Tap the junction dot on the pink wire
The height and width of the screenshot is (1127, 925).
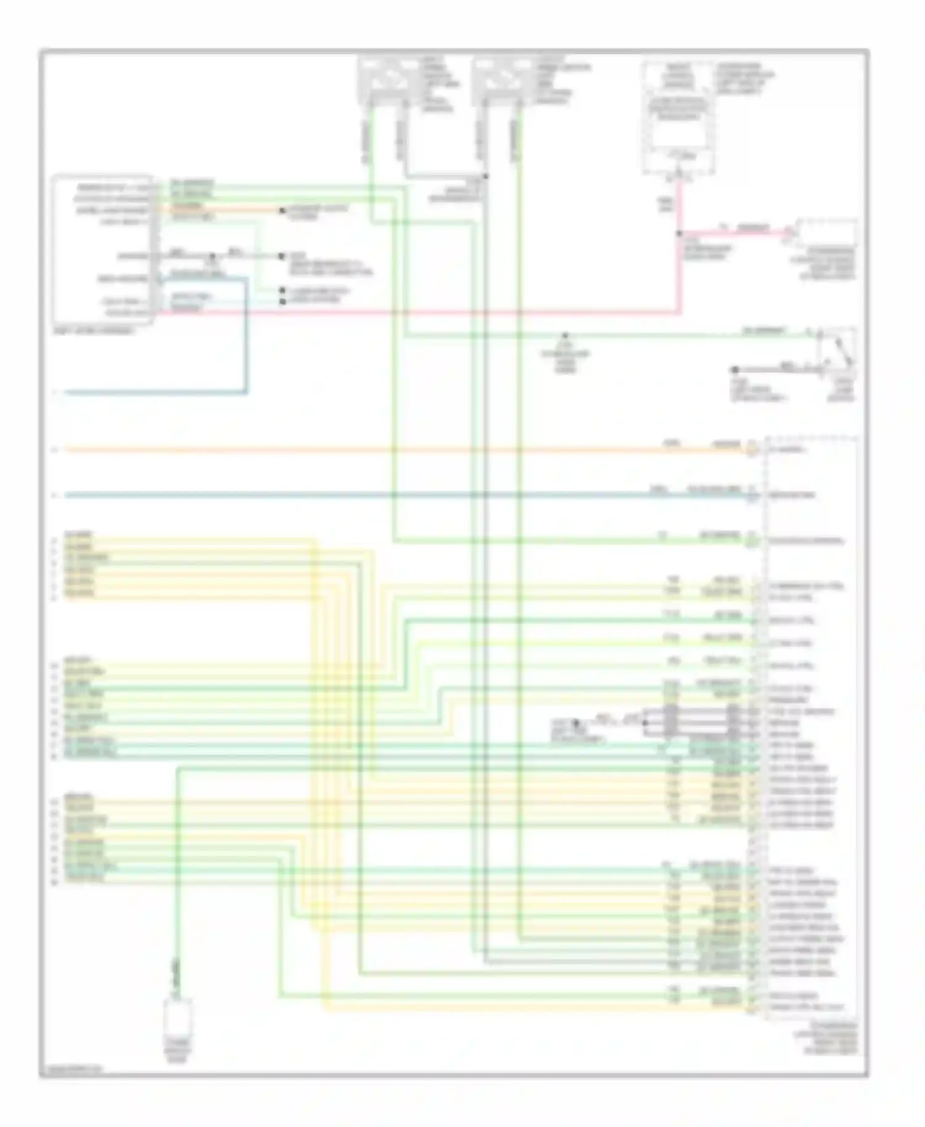tap(679, 234)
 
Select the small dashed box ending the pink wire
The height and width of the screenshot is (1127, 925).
tap(826, 232)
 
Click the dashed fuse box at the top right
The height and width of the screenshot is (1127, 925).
tap(678, 117)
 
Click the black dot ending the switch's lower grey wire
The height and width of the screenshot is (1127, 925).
tap(734, 370)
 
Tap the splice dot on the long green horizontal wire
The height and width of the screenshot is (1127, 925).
tap(564, 336)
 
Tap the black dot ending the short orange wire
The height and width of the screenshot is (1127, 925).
tap(282, 211)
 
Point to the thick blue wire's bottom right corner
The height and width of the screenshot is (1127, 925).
tap(247, 391)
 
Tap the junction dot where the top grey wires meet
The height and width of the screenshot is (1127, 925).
tap(485, 176)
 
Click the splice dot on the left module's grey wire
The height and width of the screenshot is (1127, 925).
tap(212, 256)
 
